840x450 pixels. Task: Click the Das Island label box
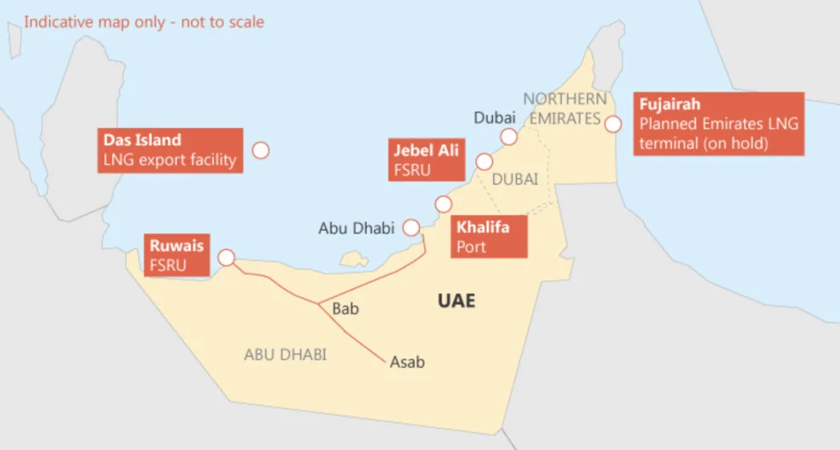170,150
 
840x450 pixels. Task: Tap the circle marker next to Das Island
260,150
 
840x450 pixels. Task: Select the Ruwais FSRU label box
176,255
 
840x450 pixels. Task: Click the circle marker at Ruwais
227,257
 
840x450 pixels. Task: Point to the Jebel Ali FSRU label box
426,159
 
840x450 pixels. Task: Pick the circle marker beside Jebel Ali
484,161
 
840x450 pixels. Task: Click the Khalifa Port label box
489,237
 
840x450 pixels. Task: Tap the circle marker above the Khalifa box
443,204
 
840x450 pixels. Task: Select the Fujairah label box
719,124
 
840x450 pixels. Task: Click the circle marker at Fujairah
613,124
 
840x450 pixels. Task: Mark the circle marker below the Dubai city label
508,136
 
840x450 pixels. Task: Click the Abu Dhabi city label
356,228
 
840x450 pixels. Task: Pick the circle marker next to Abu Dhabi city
412,227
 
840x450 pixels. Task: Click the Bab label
345,308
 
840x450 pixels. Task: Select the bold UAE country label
456,301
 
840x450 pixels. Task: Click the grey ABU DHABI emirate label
285,354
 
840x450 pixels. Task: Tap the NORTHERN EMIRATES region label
564,108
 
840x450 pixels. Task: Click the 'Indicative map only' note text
143,22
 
